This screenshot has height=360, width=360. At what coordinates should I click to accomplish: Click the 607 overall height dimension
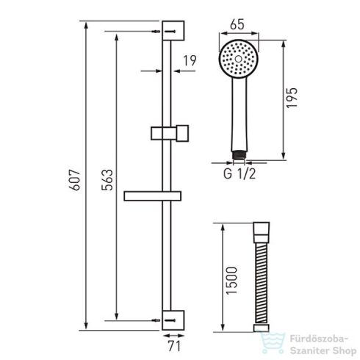click(74, 180)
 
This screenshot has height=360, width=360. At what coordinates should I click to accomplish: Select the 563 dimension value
click(107, 180)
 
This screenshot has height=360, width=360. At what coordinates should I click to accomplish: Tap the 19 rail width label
click(190, 61)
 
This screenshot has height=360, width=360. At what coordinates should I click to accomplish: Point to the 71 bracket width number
click(174, 346)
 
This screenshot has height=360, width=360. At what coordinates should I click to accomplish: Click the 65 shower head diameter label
click(237, 24)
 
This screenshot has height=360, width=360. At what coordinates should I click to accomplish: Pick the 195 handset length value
click(292, 98)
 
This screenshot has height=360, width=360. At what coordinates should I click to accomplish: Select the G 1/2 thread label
click(240, 173)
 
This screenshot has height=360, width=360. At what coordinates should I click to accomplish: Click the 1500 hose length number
click(231, 281)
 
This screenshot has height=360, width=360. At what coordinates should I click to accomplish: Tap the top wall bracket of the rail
click(173, 31)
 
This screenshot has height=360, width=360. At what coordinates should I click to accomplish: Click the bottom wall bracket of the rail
click(173, 320)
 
